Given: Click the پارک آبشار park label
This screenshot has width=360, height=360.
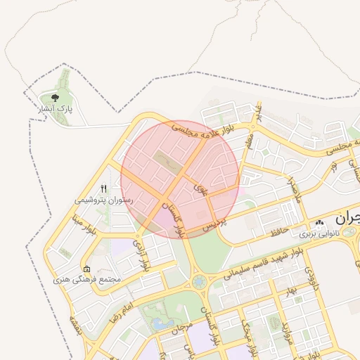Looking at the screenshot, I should pyautogui.click(x=56, y=109).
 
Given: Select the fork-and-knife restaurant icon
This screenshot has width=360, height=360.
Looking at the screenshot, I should pyautogui.click(x=104, y=188).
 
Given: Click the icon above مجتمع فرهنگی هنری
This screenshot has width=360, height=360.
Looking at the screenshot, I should pyautogui.click(x=86, y=269).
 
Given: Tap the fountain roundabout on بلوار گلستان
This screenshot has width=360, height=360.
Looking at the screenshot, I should pyautogui.click(x=199, y=282).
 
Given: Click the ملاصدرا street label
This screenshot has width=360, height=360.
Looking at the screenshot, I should pyautogui.click(x=293, y=188).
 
